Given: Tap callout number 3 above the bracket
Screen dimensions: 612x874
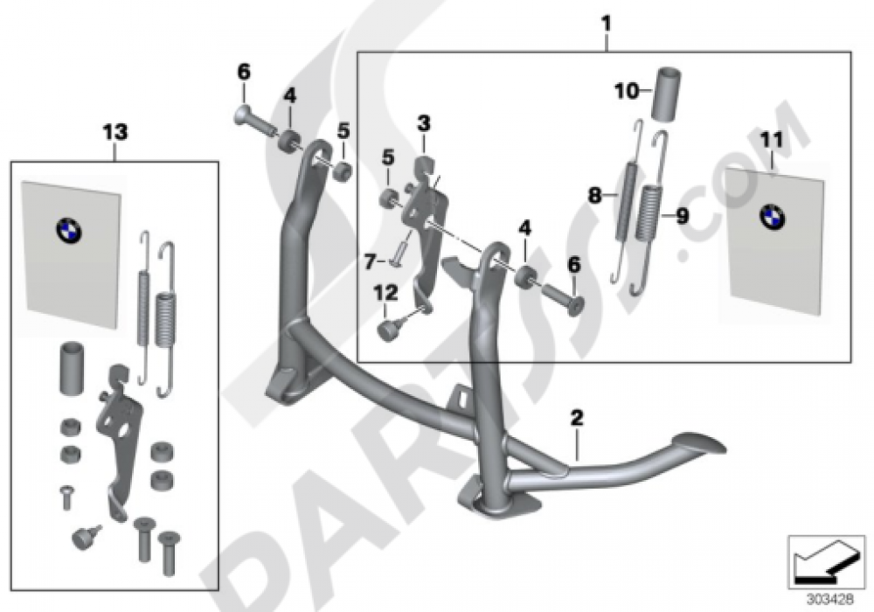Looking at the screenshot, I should click(423, 124).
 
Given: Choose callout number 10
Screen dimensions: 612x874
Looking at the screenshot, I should click(627, 89).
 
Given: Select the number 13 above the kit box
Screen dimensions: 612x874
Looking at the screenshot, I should click(114, 132).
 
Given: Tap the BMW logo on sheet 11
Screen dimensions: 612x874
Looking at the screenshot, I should click(772, 217).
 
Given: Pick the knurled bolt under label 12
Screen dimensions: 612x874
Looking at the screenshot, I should click(387, 330).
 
